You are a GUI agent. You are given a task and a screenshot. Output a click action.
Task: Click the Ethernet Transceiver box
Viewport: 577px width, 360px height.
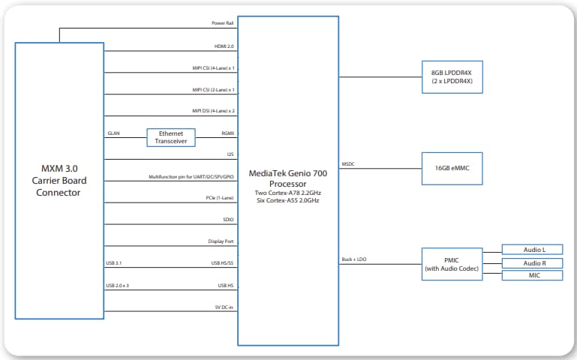click(x=171, y=137)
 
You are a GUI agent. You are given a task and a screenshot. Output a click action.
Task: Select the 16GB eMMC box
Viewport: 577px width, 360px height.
click(x=451, y=167)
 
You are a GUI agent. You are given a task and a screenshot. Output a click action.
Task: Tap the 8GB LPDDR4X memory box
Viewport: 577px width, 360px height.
click(x=451, y=76)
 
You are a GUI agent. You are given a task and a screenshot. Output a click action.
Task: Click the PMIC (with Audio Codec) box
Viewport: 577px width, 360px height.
click(x=451, y=264)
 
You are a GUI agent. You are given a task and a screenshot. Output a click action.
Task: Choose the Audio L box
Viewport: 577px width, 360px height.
click(x=531, y=249)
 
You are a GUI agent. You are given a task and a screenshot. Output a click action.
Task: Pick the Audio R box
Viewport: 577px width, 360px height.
click(x=531, y=262)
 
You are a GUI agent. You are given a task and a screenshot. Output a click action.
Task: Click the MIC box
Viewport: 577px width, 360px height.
click(x=531, y=276)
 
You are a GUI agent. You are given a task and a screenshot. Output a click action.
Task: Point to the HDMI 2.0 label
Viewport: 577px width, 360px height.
click(x=224, y=46)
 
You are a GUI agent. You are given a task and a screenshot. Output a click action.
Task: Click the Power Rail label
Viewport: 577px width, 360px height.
click(x=223, y=23)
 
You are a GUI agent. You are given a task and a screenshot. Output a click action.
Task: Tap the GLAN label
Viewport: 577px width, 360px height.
click(x=113, y=133)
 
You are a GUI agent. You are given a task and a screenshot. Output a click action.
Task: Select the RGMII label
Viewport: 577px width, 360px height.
click(x=227, y=133)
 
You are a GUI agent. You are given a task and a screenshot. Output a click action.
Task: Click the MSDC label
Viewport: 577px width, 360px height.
click(x=349, y=163)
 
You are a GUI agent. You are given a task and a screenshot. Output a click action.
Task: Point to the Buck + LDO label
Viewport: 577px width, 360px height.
click(x=353, y=260)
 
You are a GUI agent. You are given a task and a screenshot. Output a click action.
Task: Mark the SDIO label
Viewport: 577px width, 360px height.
click(x=227, y=220)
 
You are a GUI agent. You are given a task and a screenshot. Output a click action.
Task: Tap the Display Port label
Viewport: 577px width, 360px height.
click(x=221, y=241)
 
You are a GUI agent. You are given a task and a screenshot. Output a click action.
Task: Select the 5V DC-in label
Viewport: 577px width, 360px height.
click(x=224, y=307)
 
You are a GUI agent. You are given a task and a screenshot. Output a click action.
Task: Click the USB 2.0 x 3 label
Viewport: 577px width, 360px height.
click(x=118, y=286)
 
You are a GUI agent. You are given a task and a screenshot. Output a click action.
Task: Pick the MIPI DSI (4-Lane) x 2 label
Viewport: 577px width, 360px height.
click(x=213, y=111)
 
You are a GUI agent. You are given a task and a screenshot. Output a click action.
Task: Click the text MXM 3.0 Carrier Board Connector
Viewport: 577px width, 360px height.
click(x=58, y=180)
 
